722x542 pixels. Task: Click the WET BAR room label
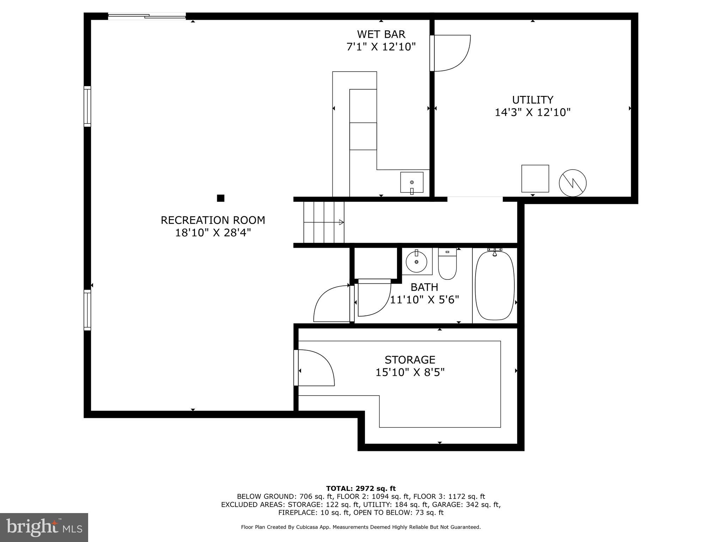tap(381, 34)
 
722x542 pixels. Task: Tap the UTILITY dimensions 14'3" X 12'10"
tap(532, 113)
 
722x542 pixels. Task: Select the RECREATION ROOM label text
tap(213, 220)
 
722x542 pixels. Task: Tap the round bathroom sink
tap(417, 262)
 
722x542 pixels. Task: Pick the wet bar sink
tap(412, 182)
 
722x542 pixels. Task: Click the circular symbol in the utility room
tap(573, 183)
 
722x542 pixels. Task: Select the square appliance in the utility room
tap(535, 178)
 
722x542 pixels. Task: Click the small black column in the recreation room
tap(221, 198)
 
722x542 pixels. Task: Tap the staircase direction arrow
tap(341, 222)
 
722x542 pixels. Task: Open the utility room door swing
tap(451, 53)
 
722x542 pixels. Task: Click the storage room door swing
tap(314, 368)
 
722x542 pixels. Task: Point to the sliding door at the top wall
tap(147, 16)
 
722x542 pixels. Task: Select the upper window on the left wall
tap(87, 106)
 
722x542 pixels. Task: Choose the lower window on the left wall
tap(87, 310)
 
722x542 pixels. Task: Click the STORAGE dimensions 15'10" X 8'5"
tap(410, 372)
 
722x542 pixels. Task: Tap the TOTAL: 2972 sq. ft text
tap(361, 489)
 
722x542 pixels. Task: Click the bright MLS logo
tap(44, 527)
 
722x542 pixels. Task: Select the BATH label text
tap(424, 287)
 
